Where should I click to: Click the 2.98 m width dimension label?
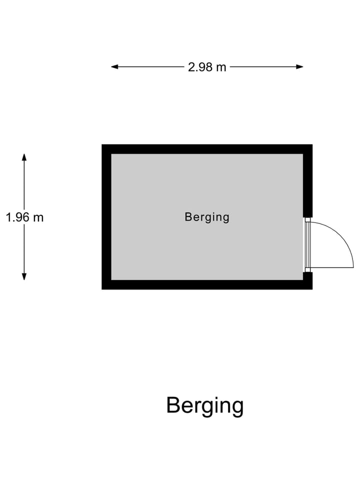point(207,67)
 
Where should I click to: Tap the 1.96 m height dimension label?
point(24,217)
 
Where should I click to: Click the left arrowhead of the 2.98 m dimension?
point(114,66)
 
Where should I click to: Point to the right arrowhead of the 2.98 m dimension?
point(299,66)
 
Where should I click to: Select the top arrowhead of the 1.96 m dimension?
point(24,157)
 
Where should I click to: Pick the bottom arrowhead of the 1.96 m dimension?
point(24,276)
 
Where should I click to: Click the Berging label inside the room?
point(207,217)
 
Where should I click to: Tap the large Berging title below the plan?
point(205,405)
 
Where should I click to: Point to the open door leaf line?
point(332,267)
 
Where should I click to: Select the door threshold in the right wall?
point(307,244)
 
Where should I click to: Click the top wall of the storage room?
point(207,149)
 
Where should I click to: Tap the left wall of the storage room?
point(106,216)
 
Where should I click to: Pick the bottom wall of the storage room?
point(207,284)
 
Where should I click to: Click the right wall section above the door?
point(307,181)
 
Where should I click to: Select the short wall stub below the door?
point(307,280)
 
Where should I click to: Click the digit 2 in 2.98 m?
point(191,67)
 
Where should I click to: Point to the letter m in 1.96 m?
point(38,218)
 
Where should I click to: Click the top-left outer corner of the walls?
point(102,144)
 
